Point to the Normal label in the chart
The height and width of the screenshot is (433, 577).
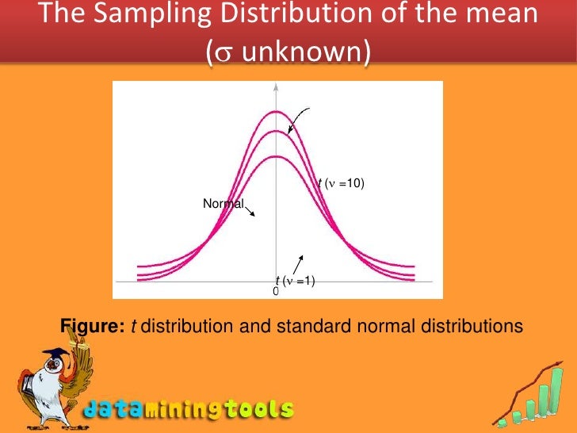(224, 204)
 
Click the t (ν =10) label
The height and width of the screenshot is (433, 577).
(341, 184)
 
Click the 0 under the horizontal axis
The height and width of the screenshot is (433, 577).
(276, 292)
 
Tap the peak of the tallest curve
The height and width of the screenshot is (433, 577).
(275, 111)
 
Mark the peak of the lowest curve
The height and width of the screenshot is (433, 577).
(275, 156)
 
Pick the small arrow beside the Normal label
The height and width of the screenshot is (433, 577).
(252, 212)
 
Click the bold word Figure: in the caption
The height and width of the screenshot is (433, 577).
(92, 326)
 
